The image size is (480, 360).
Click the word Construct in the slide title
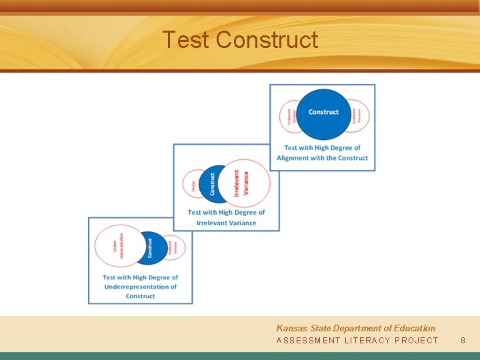pos(267,40)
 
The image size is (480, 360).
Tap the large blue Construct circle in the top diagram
pos(323,113)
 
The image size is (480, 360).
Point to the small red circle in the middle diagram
pos(192,184)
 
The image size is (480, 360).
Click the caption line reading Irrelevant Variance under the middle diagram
pos(226,223)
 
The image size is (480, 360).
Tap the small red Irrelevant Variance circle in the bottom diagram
pos(174,248)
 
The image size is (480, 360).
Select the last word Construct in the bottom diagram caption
pos(140,296)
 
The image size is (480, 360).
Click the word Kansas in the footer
pos(291,328)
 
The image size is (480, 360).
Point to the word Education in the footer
pos(414,328)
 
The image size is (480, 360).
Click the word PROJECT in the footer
pos(417,341)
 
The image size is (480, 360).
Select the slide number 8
pos(463,341)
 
